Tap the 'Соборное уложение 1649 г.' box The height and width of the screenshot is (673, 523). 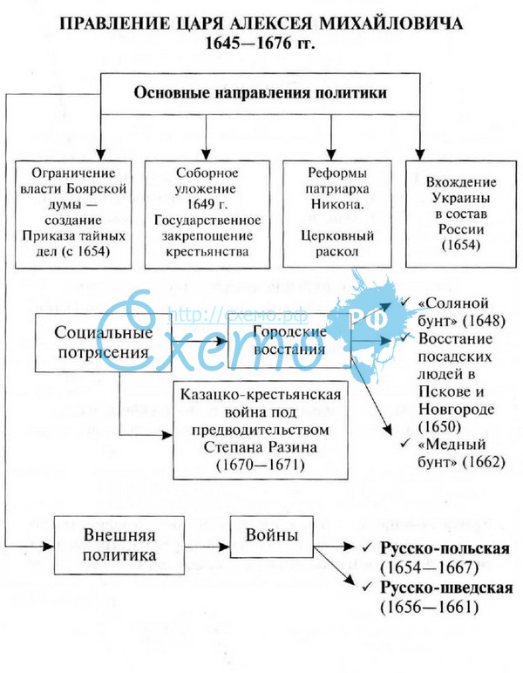[206, 211]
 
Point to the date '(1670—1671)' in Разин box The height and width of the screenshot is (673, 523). [261, 464]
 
